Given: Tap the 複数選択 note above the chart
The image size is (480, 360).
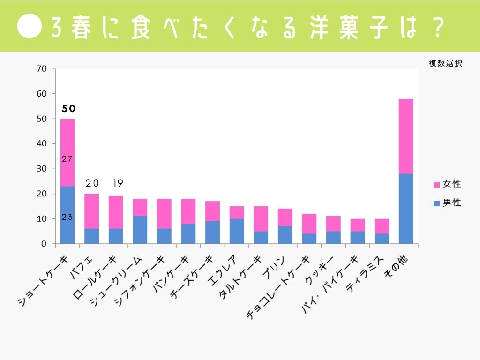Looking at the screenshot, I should [445, 64].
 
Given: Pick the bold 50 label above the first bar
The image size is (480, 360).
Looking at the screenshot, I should [68, 109].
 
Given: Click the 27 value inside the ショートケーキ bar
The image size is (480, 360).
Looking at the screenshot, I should [67, 159].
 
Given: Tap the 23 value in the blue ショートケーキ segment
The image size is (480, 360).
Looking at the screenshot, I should [67, 217].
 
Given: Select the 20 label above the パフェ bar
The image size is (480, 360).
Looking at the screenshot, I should [92, 183].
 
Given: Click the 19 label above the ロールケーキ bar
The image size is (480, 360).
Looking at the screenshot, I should [116, 183].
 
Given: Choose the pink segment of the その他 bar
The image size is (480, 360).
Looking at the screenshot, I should [405, 136].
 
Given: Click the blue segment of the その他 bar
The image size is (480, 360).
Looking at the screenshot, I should [405, 209].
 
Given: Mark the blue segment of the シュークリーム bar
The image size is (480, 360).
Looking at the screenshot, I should [140, 230].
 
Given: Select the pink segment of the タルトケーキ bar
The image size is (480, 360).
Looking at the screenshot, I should [261, 218].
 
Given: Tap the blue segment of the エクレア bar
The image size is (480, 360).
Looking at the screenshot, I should [237, 231].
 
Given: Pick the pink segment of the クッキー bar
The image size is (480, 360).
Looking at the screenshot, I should [333, 224].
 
